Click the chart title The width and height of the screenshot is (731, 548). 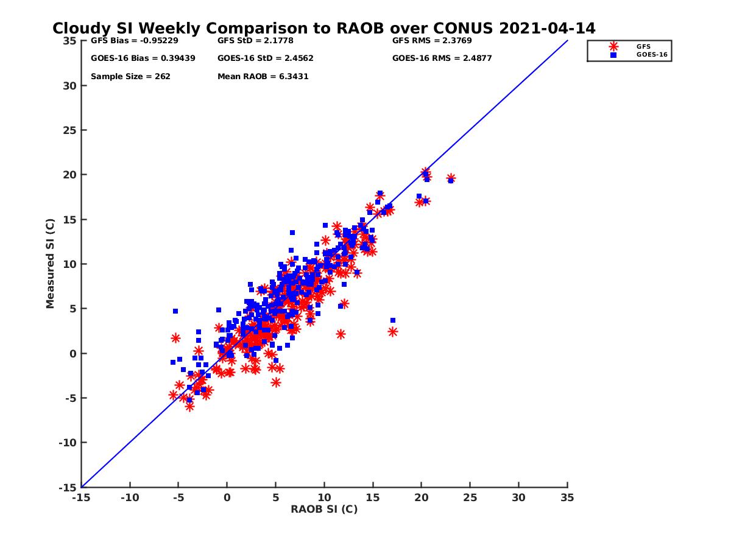coord(323,29)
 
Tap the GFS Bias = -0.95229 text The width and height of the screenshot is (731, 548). coord(129,41)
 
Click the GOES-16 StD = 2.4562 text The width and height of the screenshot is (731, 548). coord(266,58)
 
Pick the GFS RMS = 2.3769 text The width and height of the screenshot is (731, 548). coord(432,41)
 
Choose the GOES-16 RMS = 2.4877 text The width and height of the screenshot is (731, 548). coord(442,58)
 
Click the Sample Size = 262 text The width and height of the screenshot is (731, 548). coord(130,77)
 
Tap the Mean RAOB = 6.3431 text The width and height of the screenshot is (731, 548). coord(263,77)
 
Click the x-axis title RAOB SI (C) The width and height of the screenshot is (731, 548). coord(324,509)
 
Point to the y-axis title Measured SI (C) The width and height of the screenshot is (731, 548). coord(51,264)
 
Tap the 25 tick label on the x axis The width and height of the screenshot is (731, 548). coord(470,497)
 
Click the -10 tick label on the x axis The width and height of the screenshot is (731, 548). coord(129,497)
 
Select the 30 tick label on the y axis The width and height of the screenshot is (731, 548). coord(69,86)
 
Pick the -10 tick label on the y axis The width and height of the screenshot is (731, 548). coord(67,443)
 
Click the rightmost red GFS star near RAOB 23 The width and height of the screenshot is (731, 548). coord(451,178)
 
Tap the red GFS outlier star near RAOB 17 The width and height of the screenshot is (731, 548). coord(393,332)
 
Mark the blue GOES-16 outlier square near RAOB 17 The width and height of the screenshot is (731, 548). coord(393,320)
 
